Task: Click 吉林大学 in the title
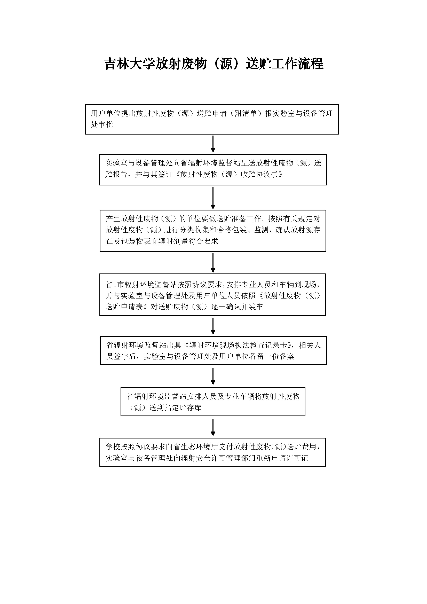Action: [x=129, y=64]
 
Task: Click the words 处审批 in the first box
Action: [x=102, y=124]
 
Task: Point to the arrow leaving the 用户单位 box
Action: [x=213, y=144]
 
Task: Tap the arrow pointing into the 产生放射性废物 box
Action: [x=213, y=198]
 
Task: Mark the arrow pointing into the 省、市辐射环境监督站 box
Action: [x=213, y=263]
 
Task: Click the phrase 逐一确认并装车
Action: [x=237, y=307]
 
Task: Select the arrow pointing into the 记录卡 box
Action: [x=213, y=326]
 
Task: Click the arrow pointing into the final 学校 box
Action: [x=213, y=427]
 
